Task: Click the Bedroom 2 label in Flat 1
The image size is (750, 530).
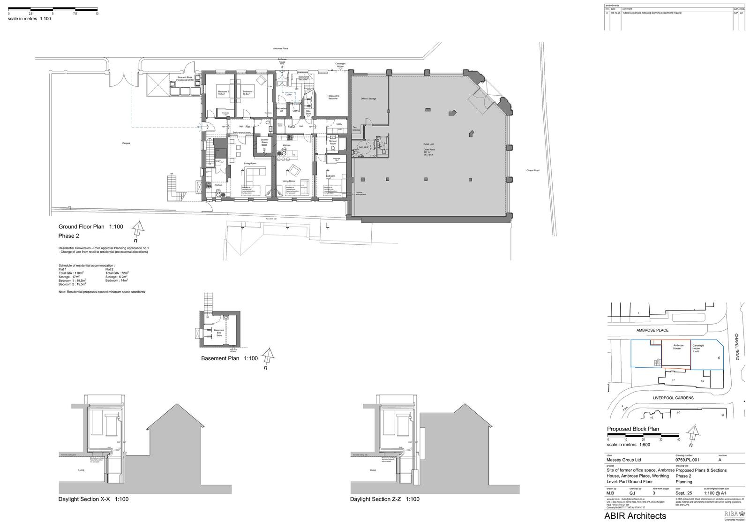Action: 223,92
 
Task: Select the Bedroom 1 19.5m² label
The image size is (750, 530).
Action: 248,92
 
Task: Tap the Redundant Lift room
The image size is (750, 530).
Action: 281,109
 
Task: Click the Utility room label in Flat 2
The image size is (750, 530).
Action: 339,124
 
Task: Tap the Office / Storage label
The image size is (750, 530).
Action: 368,98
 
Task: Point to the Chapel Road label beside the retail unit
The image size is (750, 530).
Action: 532,170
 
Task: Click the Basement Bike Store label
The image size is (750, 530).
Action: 219,333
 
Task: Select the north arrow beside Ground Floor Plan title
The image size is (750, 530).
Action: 137,229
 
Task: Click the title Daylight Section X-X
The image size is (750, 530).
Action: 93,499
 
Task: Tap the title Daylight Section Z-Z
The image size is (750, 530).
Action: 384,499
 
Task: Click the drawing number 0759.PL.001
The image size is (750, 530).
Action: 687,460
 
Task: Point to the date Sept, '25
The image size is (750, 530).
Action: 683,493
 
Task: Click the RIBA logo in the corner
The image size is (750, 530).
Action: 734,515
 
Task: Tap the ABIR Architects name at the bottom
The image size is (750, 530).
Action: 635,516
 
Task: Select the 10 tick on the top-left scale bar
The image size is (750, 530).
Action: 97,14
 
